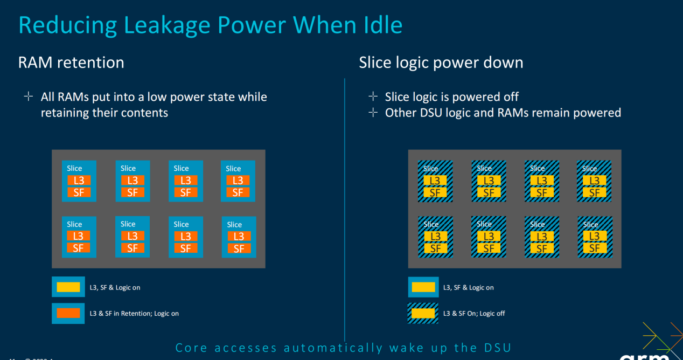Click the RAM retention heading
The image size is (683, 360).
click(x=71, y=63)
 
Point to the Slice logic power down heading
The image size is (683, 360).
click(x=441, y=63)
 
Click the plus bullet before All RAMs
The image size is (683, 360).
click(x=28, y=97)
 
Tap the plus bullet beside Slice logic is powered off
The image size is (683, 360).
click(x=373, y=96)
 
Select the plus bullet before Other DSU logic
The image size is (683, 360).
click(x=373, y=113)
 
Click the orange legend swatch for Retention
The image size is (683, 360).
click(x=68, y=313)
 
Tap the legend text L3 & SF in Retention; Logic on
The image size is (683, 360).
click(x=134, y=314)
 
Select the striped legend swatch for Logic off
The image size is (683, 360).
click(x=423, y=313)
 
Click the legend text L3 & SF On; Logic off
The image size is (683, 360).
click(x=474, y=314)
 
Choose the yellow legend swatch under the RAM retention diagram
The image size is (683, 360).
click(x=68, y=287)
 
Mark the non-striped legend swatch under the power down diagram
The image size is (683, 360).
click(x=423, y=287)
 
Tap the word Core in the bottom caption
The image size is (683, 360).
click(x=191, y=348)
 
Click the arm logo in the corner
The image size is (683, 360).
click(x=644, y=355)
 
